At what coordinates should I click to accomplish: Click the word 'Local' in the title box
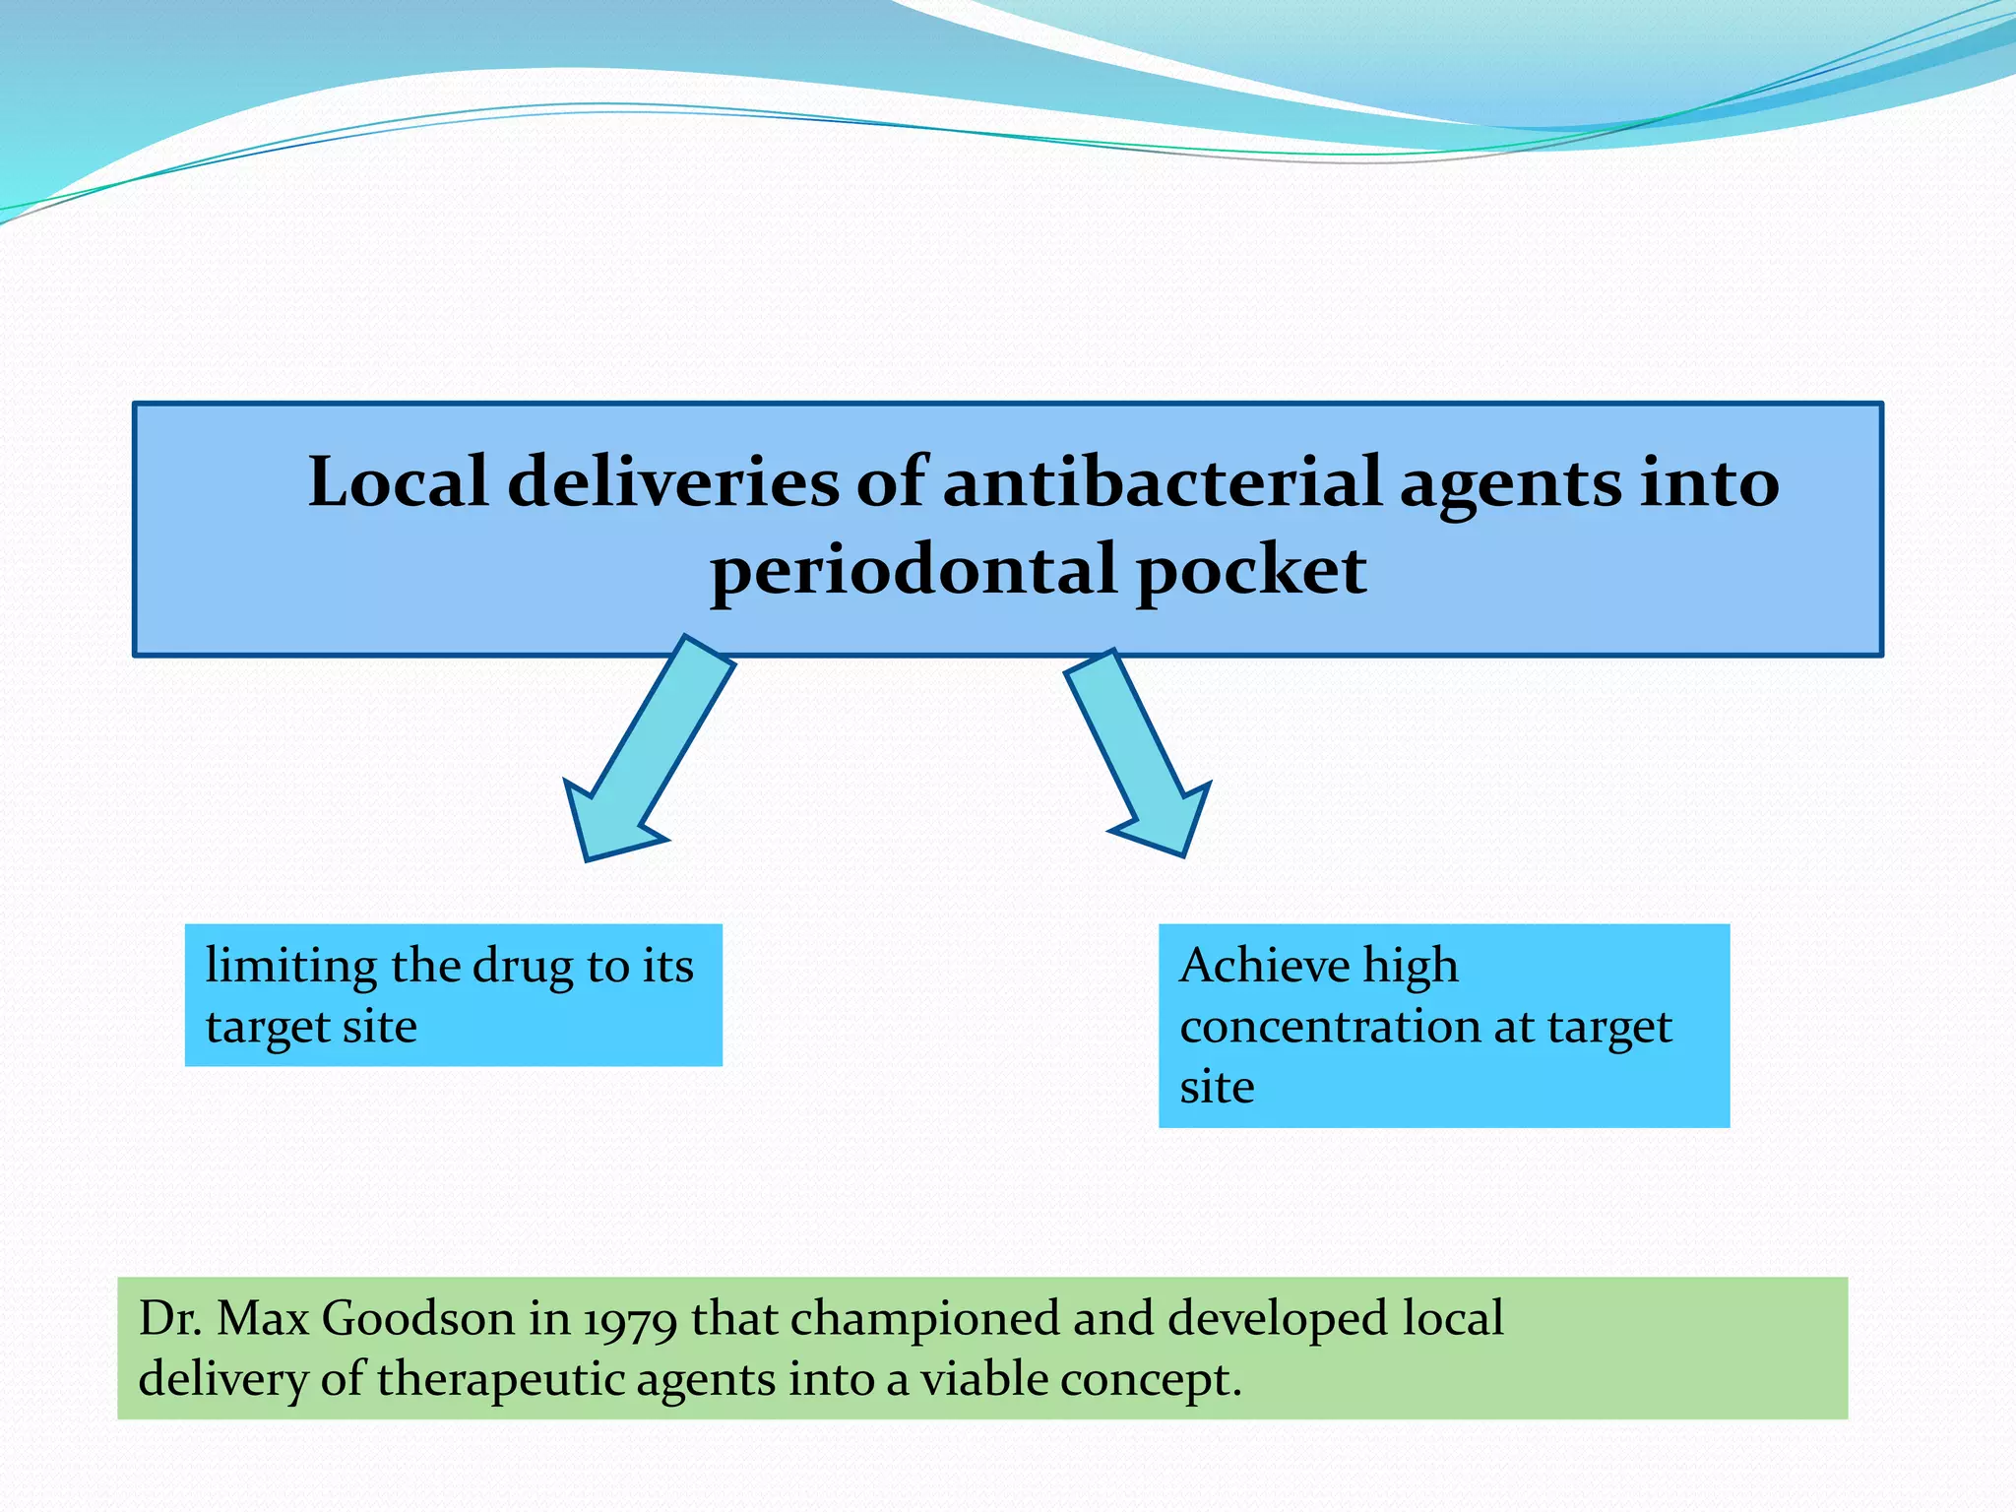click(398, 482)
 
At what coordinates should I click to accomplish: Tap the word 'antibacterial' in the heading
click(1162, 482)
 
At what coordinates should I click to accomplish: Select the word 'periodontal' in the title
click(913, 571)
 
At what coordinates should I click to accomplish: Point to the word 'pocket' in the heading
click(1251, 571)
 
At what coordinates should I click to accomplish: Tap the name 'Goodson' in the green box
click(417, 1319)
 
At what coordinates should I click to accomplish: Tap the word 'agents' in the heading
click(1509, 484)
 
